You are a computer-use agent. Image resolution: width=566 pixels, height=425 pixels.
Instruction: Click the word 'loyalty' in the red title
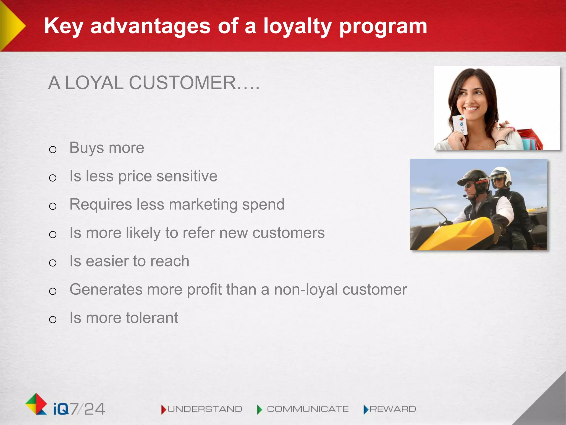297,26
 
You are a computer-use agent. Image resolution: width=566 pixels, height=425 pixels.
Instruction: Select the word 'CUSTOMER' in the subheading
182,83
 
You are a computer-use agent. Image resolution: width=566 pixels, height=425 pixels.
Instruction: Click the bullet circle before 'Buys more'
53,150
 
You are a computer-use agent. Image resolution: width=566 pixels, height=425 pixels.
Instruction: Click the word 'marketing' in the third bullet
203,205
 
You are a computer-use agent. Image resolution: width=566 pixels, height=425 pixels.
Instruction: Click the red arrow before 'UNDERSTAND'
164,410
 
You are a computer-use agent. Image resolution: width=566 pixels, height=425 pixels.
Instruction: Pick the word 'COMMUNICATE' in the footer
308,409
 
